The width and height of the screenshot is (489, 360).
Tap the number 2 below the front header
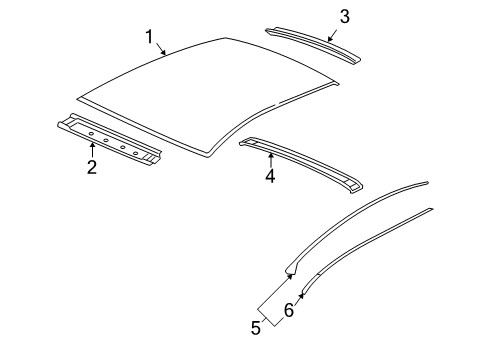(x=91, y=168)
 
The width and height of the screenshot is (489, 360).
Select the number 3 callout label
(x=344, y=16)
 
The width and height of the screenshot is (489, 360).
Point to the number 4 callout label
(x=269, y=177)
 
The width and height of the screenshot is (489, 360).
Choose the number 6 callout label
(x=290, y=311)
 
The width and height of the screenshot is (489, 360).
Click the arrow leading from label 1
(x=163, y=48)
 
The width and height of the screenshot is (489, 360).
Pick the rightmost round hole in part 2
(x=137, y=151)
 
